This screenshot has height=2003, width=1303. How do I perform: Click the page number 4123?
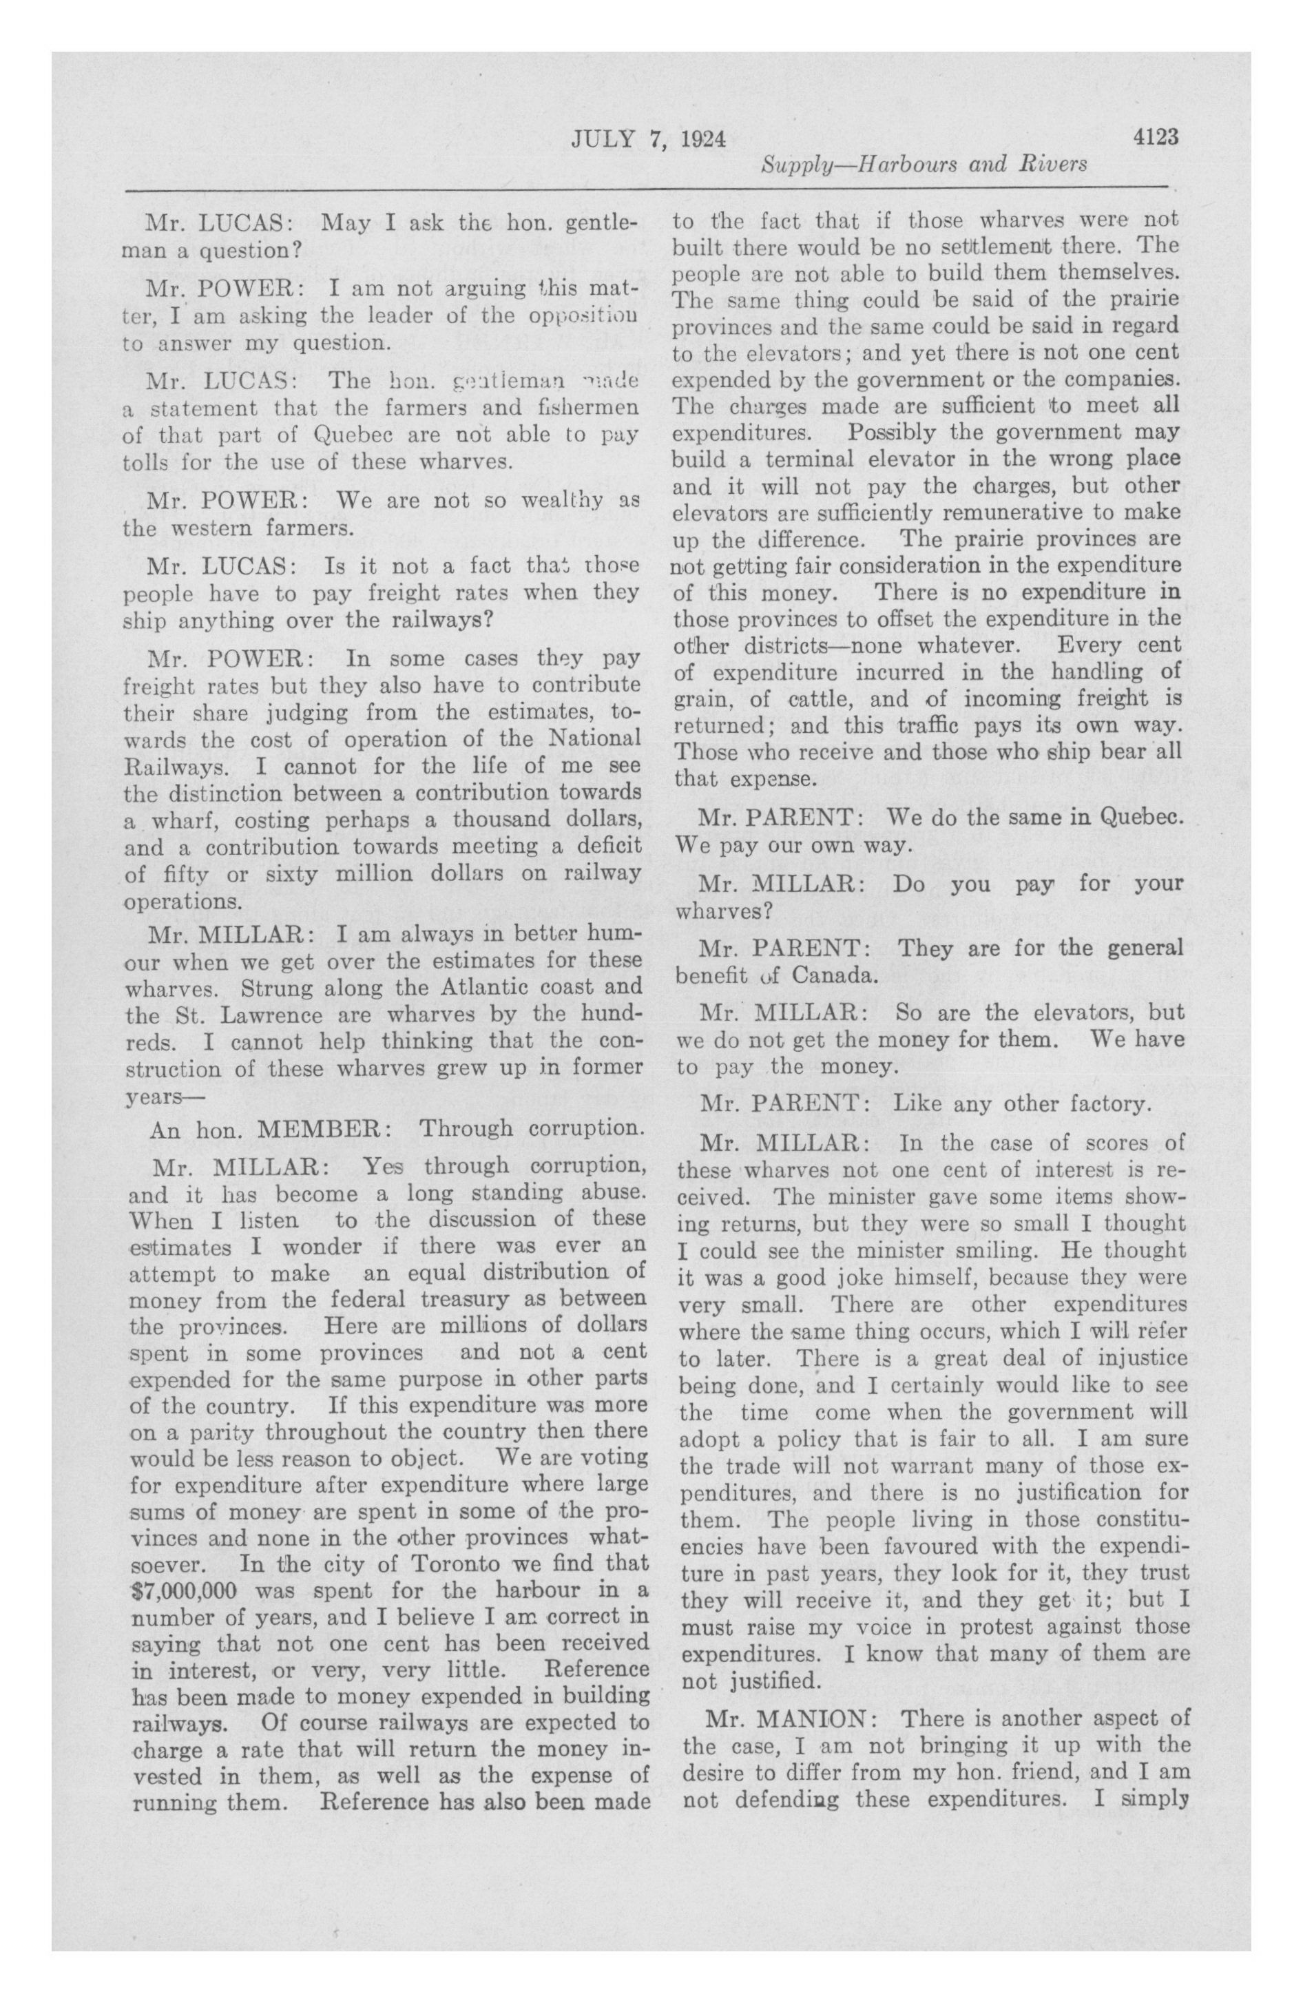(x=1156, y=138)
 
